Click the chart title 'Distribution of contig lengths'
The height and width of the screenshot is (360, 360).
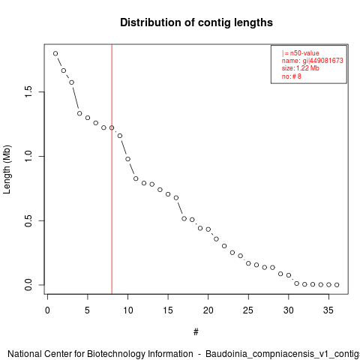tap(196, 22)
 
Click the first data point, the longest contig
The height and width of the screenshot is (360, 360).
tap(55, 53)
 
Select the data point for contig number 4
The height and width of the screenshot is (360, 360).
tap(79, 113)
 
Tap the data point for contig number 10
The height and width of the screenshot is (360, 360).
tap(127, 159)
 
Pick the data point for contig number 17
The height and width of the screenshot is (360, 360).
tap(184, 218)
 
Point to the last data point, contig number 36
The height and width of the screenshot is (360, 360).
tap(337, 285)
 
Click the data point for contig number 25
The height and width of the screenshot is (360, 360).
tap(248, 263)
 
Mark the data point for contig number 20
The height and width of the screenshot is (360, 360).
tap(208, 229)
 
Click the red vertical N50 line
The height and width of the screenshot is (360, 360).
tap(112, 169)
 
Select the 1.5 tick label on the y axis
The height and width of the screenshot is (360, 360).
tap(28, 92)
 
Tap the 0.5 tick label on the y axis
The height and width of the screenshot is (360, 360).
tap(28, 220)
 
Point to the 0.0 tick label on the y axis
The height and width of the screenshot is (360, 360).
tap(28, 285)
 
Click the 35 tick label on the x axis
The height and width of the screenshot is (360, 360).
tap(328, 310)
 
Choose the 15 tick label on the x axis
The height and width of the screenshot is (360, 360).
tap(168, 310)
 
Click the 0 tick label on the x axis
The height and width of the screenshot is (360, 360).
tap(47, 310)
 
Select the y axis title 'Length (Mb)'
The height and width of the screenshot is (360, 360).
tap(7, 169)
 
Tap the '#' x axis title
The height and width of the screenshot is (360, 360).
tap(196, 332)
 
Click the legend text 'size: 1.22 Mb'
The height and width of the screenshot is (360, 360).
tap(301, 68)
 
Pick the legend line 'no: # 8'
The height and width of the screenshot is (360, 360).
tap(292, 76)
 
